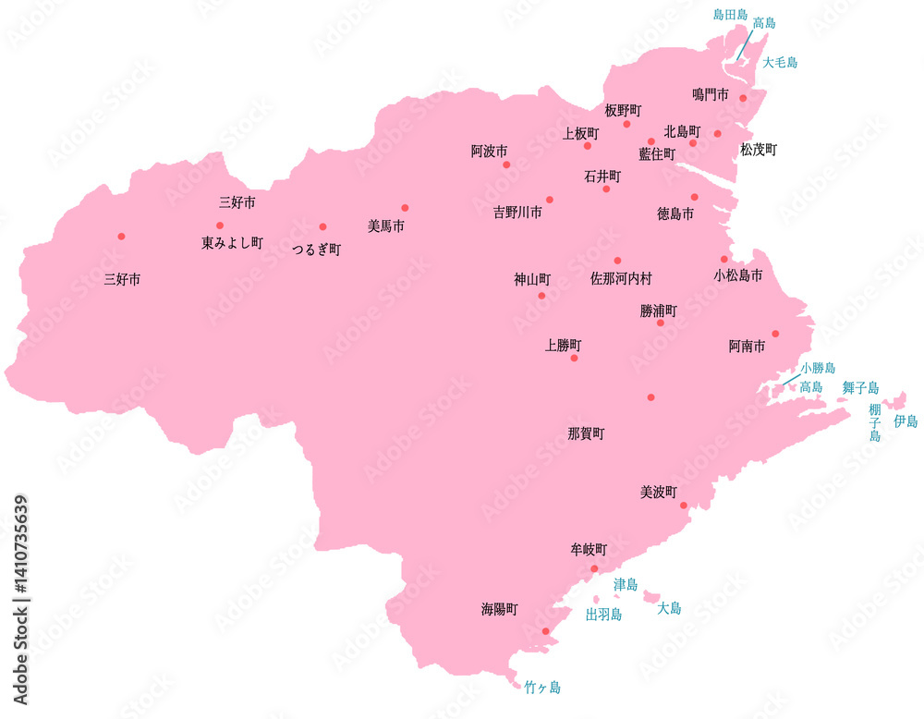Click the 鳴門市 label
710,94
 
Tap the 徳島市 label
675,213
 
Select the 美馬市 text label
385,225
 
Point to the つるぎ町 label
316,250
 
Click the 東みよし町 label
232,243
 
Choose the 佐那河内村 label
621,276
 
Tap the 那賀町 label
586,433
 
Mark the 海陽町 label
499,609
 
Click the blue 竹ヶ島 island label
541,688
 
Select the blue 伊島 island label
905,420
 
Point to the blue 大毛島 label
780,63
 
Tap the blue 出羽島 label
603,614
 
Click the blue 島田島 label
730,15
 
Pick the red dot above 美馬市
405,208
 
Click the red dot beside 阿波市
506,165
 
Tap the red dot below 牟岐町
594,568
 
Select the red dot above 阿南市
776,334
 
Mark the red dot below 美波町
684,506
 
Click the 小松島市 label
738,275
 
